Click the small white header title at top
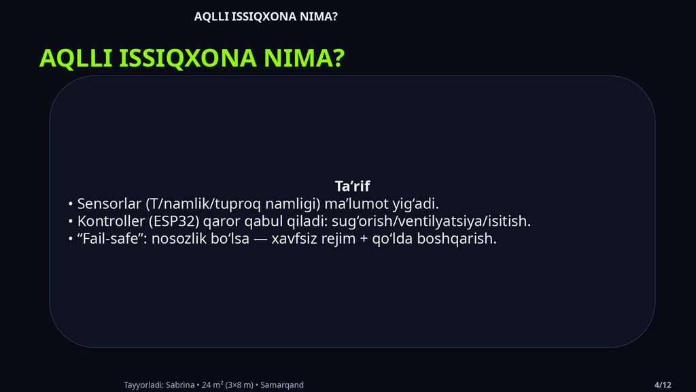pyautogui.click(x=266, y=16)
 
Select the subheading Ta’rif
pyautogui.click(x=352, y=186)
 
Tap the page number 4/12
pyautogui.click(x=663, y=385)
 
